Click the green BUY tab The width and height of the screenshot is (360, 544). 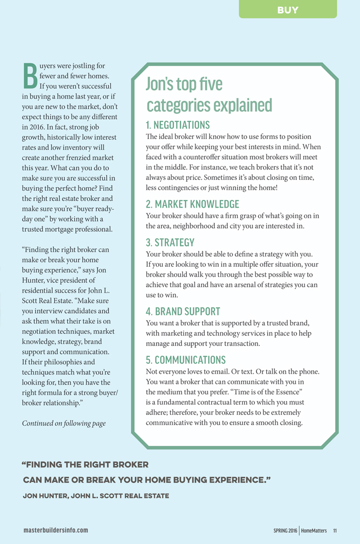pyautogui.click(x=288, y=10)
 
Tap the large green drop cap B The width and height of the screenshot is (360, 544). pyautogui.click(x=30, y=76)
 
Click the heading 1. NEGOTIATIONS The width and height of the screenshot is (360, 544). pyautogui.click(x=178, y=125)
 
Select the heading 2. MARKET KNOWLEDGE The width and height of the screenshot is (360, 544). pyautogui.click(x=193, y=204)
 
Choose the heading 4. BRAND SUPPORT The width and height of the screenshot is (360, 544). pyautogui.click(x=183, y=311)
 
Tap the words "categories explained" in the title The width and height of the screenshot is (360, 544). pyautogui.click(x=210, y=105)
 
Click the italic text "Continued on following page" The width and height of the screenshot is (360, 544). pyautogui.click(x=64, y=423)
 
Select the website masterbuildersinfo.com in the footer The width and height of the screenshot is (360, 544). pyautogui.click(x=56, y=530)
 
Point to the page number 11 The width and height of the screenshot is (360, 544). pyautogui.click(x=335, y=530)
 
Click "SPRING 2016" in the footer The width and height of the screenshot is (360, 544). pyautogui.click(x=285, y=530)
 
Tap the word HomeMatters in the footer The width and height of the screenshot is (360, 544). pyautogui.click(x=315, y=530)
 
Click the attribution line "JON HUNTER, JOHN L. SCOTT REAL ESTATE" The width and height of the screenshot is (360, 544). pyautogui.click(x=96, y=496)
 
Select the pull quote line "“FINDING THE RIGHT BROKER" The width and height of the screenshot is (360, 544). pyautogui.click(x=85, y=464)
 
